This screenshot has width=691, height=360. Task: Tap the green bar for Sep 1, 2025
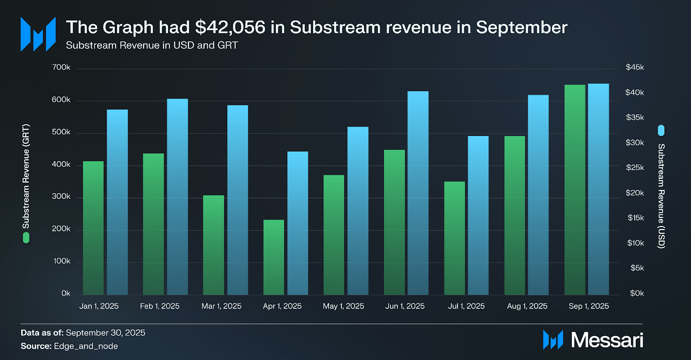[575, 190]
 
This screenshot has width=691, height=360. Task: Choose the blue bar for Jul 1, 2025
[478, 215]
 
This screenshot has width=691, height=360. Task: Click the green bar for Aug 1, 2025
[515, 215]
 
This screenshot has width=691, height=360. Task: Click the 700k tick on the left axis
[61, 67]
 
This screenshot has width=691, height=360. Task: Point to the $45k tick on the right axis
[634, 67]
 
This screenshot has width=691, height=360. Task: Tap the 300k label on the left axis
[61, 196]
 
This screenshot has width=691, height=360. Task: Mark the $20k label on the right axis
[634, 193]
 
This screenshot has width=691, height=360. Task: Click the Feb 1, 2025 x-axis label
[160, 306]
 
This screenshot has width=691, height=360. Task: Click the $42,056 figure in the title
[230, 28]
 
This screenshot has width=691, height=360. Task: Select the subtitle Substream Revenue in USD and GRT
[152, 45]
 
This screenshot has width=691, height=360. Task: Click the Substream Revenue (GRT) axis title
[26, 176]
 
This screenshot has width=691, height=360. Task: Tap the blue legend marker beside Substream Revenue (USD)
[661, 130]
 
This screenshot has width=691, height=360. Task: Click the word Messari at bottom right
[607, 340]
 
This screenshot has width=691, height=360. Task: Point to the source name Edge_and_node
[86, 346]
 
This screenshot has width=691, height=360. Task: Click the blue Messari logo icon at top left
[38, 34]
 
